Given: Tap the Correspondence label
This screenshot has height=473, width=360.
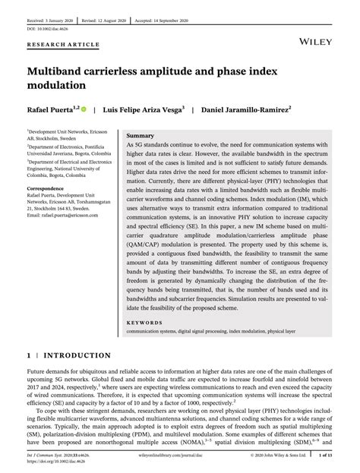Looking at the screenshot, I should (x=47, y=187).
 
